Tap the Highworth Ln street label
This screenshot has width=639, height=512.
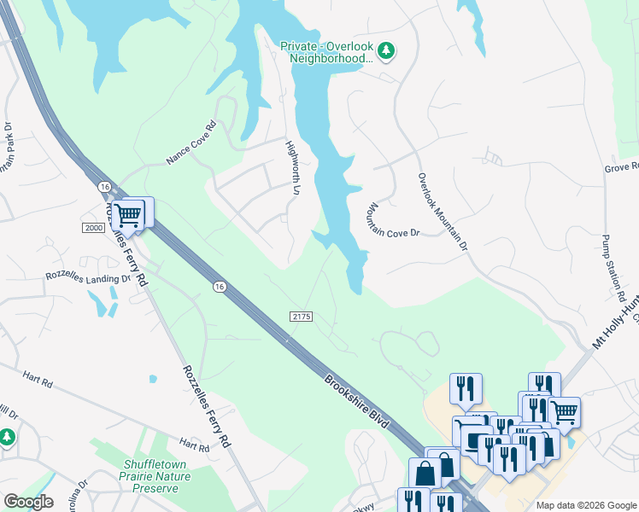[x=292, y=166]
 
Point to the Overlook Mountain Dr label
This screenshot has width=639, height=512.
[x=443, y=212]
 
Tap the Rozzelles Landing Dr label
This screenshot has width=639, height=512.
[x=88, y=277]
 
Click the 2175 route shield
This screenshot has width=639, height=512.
[x=302, y=316]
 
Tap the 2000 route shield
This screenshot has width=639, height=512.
[x=94, y=227]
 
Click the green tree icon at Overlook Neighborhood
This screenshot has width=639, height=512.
[x=387, y=51]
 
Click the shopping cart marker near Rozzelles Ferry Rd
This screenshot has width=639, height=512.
[x=129, y=215]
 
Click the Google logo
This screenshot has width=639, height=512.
[x=28, y=502]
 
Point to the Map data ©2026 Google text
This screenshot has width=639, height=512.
[x=585, y=505]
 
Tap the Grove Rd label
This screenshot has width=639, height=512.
[x=621, y=167]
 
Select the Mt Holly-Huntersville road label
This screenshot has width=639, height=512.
[x=616, y=329]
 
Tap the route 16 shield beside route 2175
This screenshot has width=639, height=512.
[x=220, y=287]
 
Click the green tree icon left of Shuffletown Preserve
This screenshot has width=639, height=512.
[x=8, y=438]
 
